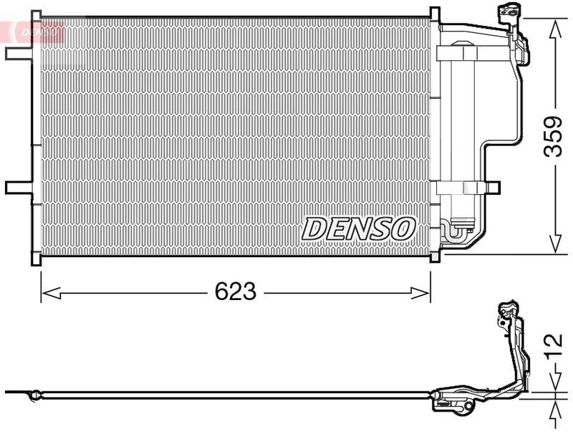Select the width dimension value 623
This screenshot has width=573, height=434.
pos(236,291)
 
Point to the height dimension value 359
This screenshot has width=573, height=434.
pos(553,136)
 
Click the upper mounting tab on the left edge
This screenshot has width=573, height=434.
pos(17,54)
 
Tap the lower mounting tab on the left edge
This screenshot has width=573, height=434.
pos(17,188)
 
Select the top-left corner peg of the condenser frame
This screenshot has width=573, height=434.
pos(34,12)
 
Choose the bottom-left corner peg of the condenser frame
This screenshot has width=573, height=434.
pos(34,261)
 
